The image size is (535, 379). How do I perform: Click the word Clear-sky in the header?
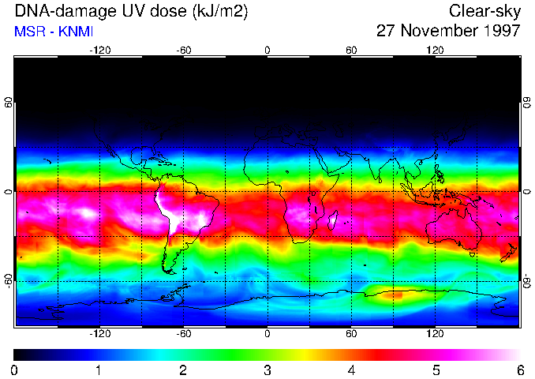tap(484, 12)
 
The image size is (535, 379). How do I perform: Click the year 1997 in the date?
tap(496, 32)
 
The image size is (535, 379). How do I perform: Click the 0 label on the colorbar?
tap(15, 370)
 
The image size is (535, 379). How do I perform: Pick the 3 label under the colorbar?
tap(267, 370)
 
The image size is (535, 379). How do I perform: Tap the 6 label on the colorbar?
tap(520, 370)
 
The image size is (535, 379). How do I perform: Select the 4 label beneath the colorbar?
tap(352, 370)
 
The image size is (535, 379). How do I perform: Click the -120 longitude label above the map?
tap(99, 51)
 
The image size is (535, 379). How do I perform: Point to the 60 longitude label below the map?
tap(351, 334)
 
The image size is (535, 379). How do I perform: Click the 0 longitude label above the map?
tap(267, 51)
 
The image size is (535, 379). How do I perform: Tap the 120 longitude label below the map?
tap(436, 334)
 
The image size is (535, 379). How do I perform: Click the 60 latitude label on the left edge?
tap(8, 103)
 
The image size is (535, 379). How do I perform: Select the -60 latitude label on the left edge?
tap(8, 281)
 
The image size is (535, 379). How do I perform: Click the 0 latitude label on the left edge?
tap(8, 192)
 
